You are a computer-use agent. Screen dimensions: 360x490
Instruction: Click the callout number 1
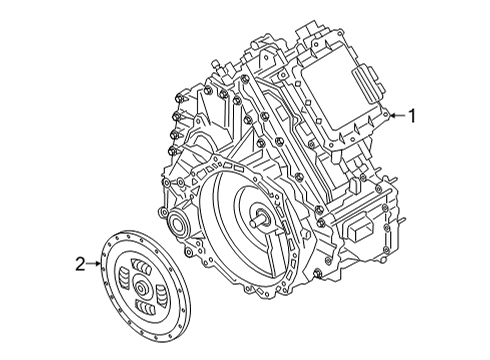pos(411,116)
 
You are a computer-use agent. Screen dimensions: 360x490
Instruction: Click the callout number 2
pos(81,264)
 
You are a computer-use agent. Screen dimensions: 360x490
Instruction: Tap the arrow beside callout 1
pos(396,116)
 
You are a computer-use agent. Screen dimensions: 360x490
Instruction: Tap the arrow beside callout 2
pos(96,264)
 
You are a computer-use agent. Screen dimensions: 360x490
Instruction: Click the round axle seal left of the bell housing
pos(180,223)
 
